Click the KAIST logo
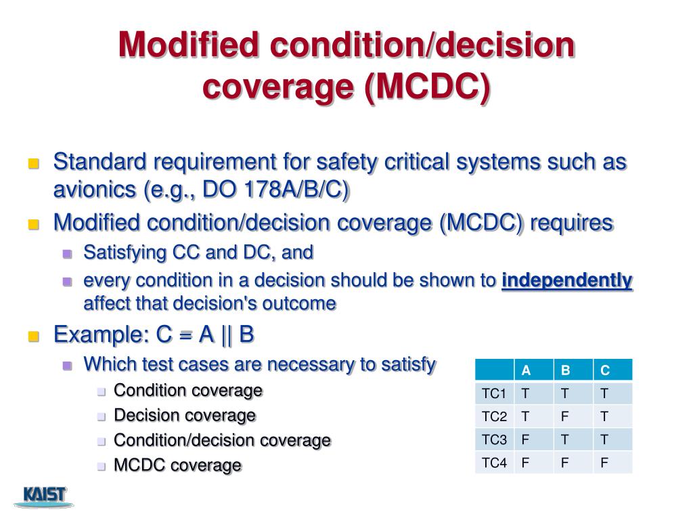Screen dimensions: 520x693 point(45,496)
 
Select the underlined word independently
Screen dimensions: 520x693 point(566,280)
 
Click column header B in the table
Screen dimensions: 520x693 point(565,370)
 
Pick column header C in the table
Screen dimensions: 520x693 point(605,370)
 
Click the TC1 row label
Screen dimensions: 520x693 point(494,393)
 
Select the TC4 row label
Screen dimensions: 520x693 point(494,462)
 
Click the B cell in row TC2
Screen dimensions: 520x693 point(564,416)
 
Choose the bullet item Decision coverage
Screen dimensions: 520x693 point(184,415)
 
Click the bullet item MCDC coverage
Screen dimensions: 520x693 point(177,465)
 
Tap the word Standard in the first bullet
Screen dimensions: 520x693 point(99,162)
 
